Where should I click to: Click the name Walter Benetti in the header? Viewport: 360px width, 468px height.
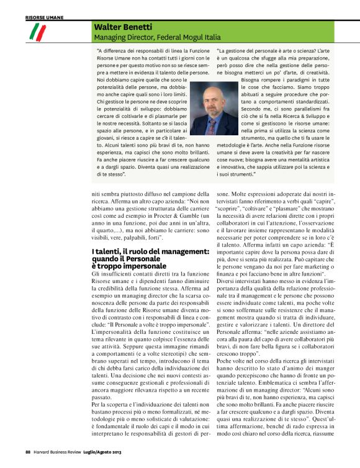tap(123, 27)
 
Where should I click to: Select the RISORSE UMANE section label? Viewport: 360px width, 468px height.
tap(44, 19)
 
